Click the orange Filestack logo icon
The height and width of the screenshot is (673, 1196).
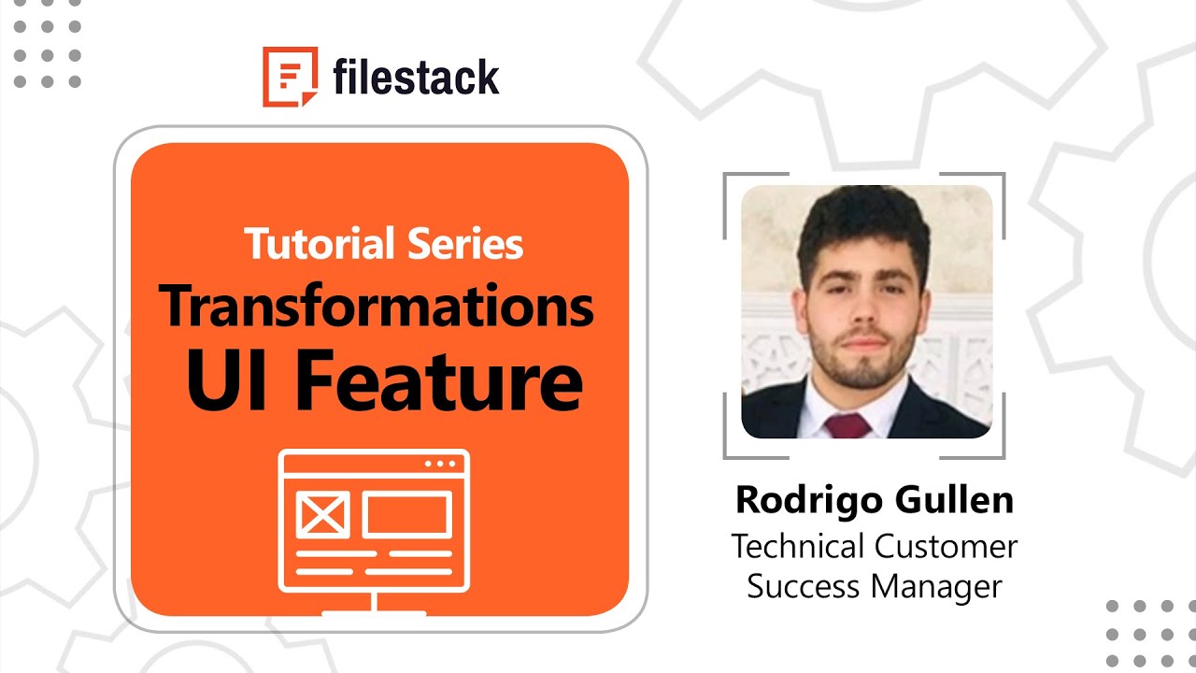[x=290, y=77]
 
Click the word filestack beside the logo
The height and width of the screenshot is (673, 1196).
[x=416, y=77]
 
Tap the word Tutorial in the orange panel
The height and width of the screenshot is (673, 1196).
[x=320, y=244]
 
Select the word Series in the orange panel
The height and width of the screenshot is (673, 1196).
[x=465, y=244]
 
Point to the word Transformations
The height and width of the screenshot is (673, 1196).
[x=376, y=306]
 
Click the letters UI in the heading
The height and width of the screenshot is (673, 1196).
[x=225, y=379]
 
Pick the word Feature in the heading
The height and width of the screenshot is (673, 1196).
[x=439, y=379]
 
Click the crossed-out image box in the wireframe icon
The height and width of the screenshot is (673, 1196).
[x=323, y=514]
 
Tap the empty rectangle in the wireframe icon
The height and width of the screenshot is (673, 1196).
[x=406, y=514]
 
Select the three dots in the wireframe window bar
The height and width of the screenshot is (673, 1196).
[x=440, y=464]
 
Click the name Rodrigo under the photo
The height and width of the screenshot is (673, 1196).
[x=809, y=501]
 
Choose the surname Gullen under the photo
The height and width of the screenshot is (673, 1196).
[x=954, y=500]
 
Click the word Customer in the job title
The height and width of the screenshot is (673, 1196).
[x=946, y=547]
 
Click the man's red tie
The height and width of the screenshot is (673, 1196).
[x=847, y=426]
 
